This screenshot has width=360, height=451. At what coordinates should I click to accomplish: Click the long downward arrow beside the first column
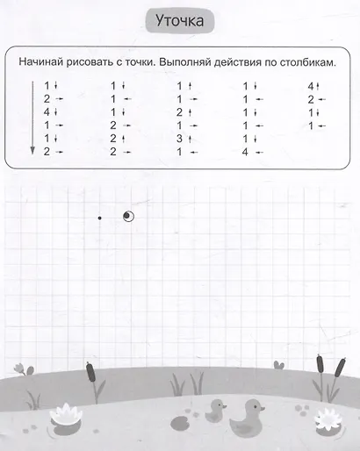32,119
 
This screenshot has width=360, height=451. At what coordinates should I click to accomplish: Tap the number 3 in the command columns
179,139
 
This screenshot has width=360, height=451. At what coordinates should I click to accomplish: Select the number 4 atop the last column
312,85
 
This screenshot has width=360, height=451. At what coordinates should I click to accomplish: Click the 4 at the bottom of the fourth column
245,152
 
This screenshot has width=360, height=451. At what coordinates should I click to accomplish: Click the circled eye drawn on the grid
129,214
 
